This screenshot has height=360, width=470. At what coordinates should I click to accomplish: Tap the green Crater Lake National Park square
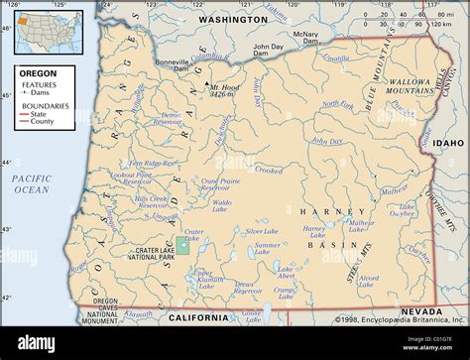pyautogui.click(x=182, y=245)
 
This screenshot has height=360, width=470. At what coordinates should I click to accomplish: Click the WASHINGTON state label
pyautogui.click(x=233, y=19)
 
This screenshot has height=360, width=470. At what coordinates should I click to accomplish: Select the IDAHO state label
pyautogui.click(x=448, y=143)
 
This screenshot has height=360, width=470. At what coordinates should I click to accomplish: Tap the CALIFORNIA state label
pyautogui.click(x=198, y=318)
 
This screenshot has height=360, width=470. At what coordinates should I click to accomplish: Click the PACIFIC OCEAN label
pyautogui.click(x=32, y=182)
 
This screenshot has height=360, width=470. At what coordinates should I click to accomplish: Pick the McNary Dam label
pyautogui.click(x=306, y=38)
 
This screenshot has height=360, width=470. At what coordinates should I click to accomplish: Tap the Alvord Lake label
pyautogui.click(x=368, y=283)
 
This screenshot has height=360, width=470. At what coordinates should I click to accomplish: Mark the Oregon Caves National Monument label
pyautogui.click(x=98, y=311)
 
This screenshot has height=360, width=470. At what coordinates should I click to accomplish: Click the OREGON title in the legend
pyautogui.click(x=39, y=73)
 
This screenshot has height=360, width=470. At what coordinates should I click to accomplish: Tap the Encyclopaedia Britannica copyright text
pyautogui.click(x=401, y=319)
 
